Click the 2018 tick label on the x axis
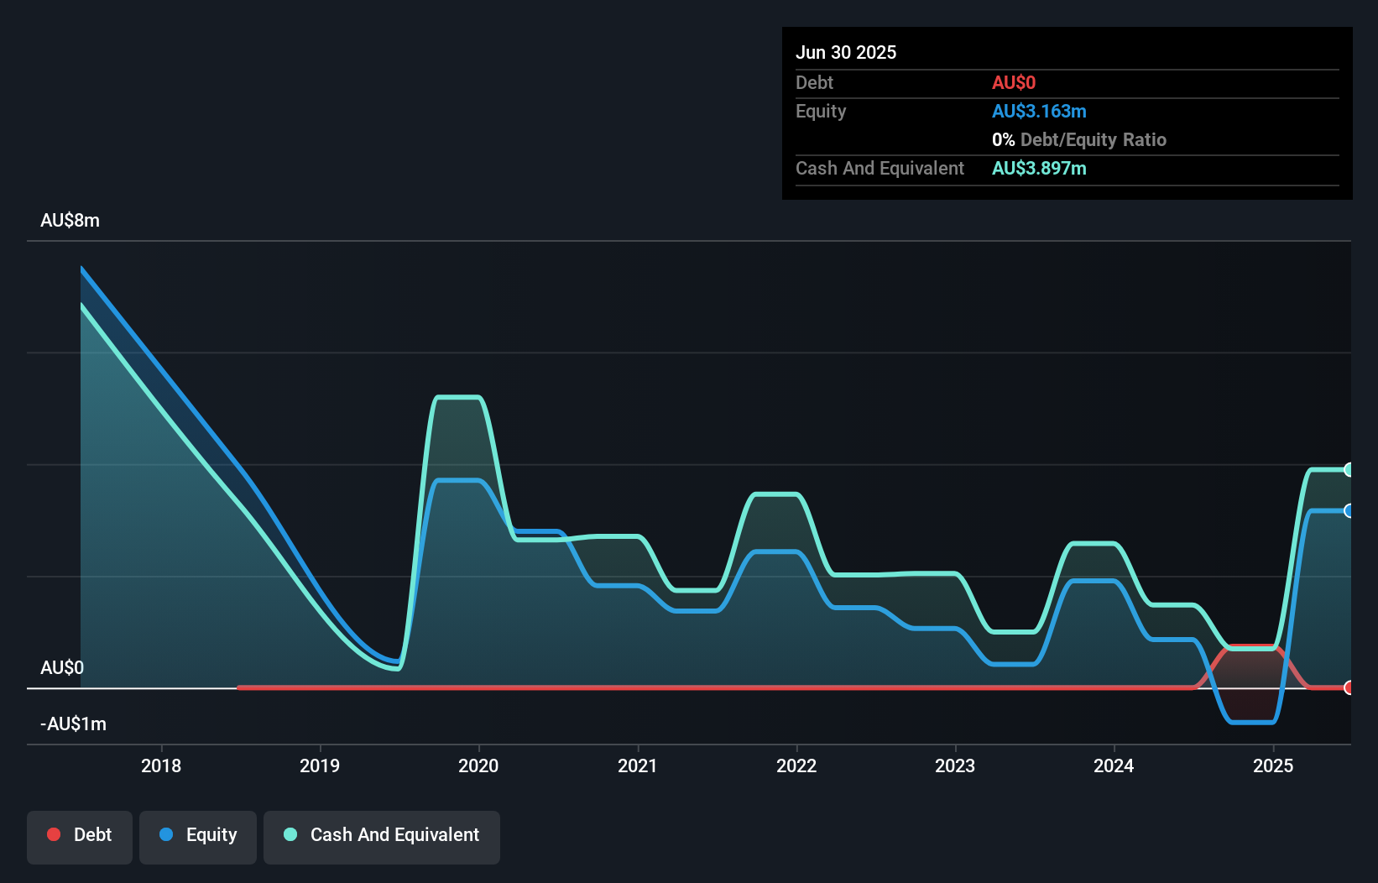click(160, 765)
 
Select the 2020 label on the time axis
click(478, 765)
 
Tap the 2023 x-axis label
click(955, 765)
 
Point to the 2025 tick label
click(1273, 765)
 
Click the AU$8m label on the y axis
click(70, 221)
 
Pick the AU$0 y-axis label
click(62, 668)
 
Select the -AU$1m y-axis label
click(74, 724)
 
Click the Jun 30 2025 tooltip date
click(846, 53)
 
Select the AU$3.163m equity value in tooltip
click(1039, 112)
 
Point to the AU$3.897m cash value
click(1039, 169)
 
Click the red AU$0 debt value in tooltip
click(1014, 83)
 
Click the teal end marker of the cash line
click(1349, 470)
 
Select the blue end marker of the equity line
click(1349, 511)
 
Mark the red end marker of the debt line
click(1349, 687)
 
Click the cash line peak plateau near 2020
click(457, 397)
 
